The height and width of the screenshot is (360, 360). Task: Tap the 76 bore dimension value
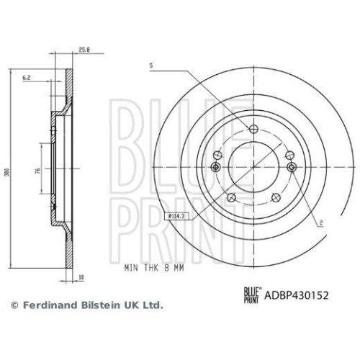(36, 171)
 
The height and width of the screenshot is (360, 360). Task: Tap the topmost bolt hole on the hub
(253, 130)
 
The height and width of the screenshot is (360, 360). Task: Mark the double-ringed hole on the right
(292, 167)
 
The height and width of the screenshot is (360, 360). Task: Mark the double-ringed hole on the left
(215, 167)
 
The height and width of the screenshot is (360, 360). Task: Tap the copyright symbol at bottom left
(14, 305)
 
